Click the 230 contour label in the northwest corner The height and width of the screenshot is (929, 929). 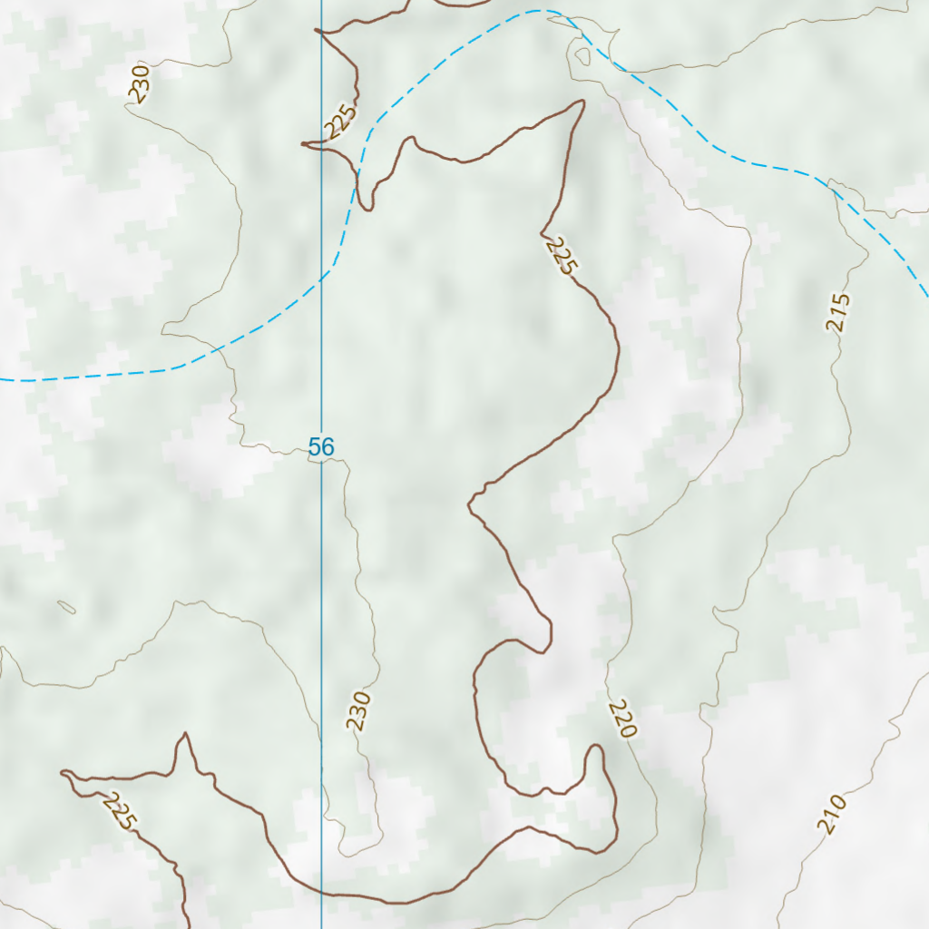(139, 83)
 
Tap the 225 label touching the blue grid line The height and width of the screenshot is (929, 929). (341, 122)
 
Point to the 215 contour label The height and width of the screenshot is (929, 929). (839, 312)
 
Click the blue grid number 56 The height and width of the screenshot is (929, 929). (321, 446)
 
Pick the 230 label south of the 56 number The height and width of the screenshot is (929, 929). (359, 711)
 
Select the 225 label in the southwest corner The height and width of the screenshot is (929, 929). (120, 811)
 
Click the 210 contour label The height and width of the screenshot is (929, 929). (831, 814)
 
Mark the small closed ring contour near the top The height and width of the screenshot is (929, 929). (582, 56)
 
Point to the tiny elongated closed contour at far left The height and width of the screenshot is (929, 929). (66, 606)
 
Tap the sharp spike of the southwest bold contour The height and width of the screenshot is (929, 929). (186, 734)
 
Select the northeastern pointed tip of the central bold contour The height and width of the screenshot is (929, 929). (583, 102)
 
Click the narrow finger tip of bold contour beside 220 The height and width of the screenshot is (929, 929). (595, 747)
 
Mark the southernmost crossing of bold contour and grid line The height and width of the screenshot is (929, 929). (321, 894)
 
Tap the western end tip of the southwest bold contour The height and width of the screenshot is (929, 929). (63, 773)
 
